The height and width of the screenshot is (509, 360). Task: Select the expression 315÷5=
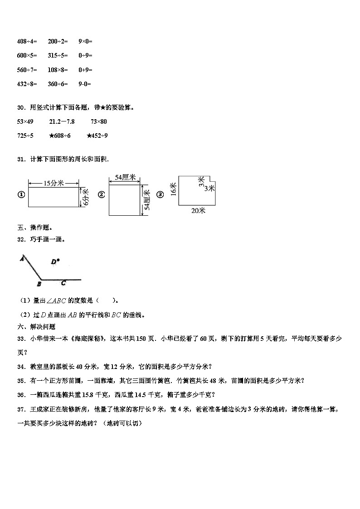tap(58, 56)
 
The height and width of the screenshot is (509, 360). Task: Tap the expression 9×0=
tap(85, 42)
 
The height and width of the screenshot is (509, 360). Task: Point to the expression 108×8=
tap(58, 70)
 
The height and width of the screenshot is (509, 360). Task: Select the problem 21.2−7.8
tap(62, 121)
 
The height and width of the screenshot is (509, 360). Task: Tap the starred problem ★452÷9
tap(97, 136)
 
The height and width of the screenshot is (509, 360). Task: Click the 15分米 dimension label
tap(54, 183)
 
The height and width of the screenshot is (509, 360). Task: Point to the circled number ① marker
tap(20, 195)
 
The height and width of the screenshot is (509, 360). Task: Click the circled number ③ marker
tap(160, 195)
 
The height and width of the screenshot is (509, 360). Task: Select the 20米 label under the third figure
tap(199, 210)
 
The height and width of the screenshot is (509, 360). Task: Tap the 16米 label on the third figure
tap(173, 189)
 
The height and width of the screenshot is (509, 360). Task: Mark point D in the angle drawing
tap(55, 262)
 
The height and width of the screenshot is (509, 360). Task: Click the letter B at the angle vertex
tap(39, 284)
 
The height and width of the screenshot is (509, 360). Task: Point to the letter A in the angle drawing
tap(21, 259)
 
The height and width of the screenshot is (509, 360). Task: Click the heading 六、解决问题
tap(36, 326)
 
